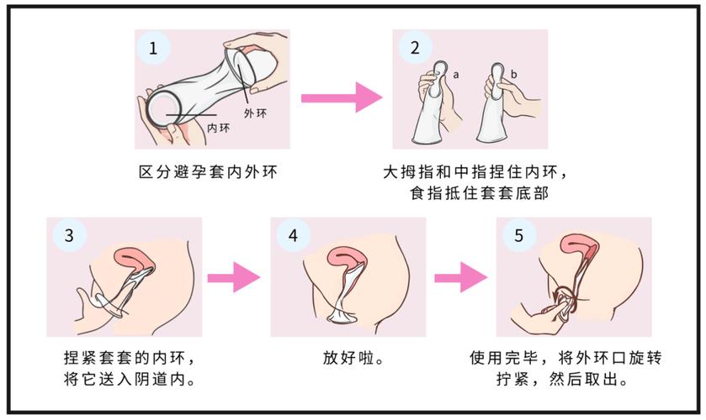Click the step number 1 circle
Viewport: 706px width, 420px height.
pos(153,48)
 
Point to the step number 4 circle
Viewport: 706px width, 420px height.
pos(293,235)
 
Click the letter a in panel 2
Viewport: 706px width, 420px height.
pos(456,75)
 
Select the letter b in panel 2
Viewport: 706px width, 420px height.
pos(514,74)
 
